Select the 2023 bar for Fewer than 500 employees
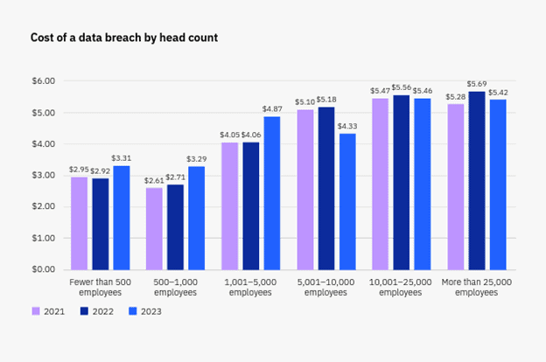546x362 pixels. click(x=121, y=218)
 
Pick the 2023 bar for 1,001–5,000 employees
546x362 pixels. click(x=272, y=192)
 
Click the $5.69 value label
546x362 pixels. click(x=477, y=84)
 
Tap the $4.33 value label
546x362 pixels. click(x=347, y=127)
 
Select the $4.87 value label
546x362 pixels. click(x=272, y=109)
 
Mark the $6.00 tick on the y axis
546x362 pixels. click(x=44, y=81)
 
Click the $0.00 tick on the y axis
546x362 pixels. click(x=44, y=269)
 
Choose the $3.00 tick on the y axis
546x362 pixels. click(x=44, y=175)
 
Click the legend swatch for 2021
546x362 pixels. click(x=36, y=310)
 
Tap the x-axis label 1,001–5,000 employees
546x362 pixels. click(x=251, y=288)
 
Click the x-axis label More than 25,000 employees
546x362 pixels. click(x=477, y=288)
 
